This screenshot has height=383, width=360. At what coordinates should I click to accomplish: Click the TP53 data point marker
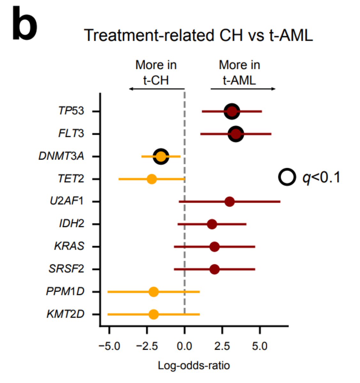[232, 111]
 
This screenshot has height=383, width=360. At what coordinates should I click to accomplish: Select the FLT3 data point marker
[236, 134]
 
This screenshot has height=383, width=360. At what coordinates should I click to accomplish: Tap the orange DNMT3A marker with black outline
[161, 156]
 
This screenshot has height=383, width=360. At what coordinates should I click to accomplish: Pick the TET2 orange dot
[152, 179]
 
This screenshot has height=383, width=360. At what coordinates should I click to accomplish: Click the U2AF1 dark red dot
[229, 202]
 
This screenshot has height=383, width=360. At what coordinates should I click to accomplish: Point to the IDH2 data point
[212, 224]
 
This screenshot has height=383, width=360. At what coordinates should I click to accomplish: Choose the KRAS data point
[214, 247]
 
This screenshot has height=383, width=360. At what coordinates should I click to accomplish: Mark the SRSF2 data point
[214, 269]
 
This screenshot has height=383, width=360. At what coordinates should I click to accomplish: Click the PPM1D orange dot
[154, 292]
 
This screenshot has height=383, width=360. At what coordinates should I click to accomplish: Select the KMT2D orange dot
[154, 314]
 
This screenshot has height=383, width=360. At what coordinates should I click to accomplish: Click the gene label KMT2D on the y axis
[65, 314]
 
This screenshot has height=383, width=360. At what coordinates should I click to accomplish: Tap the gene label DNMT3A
[61, 156]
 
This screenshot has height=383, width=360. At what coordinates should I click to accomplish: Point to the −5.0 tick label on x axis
[109, 346]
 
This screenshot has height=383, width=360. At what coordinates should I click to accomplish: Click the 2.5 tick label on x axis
[222, 346]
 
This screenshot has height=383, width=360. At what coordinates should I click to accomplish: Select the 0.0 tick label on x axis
[184, 346]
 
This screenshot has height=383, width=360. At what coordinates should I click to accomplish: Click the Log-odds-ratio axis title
[194, 365]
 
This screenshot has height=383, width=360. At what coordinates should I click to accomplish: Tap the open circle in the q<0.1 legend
[287, 177]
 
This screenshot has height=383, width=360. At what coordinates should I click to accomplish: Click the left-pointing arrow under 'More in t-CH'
[157, 89]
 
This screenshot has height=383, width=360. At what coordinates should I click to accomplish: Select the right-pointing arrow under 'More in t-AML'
[243, 89]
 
